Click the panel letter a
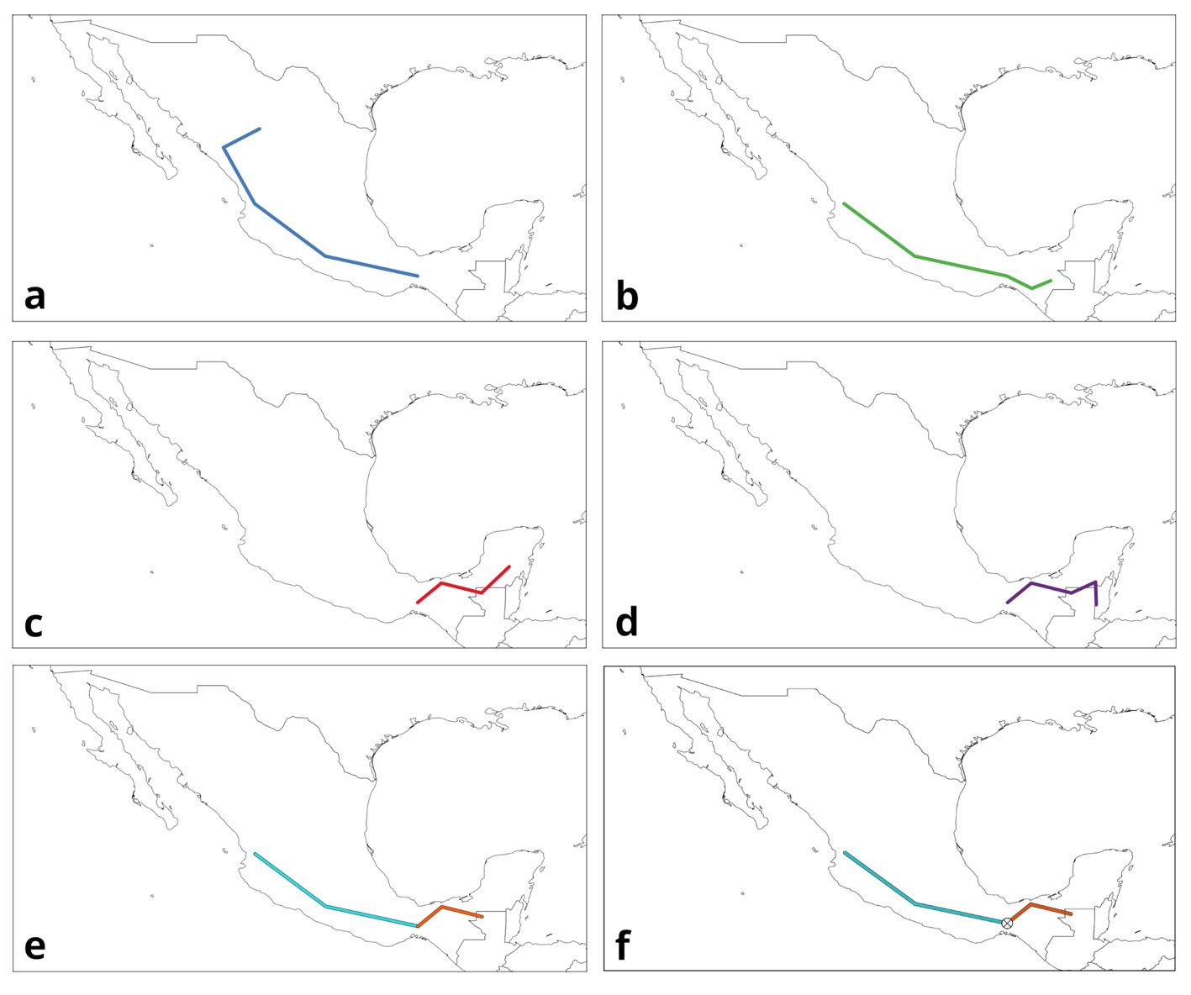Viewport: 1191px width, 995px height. pos(34,297)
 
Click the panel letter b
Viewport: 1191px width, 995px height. pos(626,297)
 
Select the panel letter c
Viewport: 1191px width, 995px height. pos(34,623)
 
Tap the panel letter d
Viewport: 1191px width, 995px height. pos(626,623)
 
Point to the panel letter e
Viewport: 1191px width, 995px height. pos(34,946)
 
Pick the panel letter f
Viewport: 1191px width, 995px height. pos(623,946)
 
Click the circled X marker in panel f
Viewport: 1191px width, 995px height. pos(1007,924)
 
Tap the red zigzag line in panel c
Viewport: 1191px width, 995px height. pos(461,587)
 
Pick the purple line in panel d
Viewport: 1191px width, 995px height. pos(1051,587)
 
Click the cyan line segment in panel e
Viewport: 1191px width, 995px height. pos(370,916)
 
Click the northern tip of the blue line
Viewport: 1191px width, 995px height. pos(260,129)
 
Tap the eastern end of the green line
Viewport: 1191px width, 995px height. pos(1051,281)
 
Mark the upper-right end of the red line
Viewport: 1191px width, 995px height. pos(509,567)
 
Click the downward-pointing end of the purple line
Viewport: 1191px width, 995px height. pos(1096,603)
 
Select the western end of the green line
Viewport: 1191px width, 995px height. pos(845,204)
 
